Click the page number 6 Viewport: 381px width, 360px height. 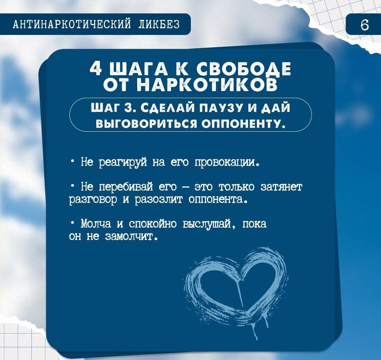point(364,25)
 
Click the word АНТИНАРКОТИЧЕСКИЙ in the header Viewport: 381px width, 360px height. point(72,24)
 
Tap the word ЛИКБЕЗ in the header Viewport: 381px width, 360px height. point(159,24)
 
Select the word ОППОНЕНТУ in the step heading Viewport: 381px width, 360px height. point(244,124)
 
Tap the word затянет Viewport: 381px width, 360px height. point(282,187)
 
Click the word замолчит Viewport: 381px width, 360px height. point(132,236)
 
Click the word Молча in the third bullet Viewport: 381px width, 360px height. point(96,224)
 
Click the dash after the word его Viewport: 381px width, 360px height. point(186,188)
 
